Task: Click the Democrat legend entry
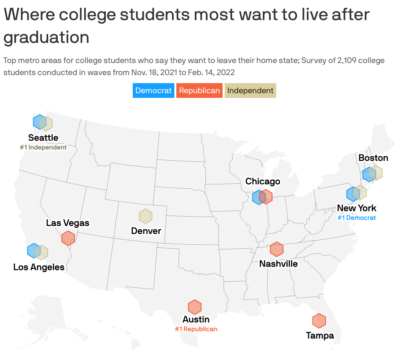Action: [153, 91]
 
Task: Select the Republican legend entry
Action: [199, 91]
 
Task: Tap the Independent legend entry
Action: [250, 91]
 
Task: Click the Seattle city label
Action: [43, 138]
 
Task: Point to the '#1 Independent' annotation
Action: [43, 147]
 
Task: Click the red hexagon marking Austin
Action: [194, 307]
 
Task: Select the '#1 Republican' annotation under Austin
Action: [196, 329]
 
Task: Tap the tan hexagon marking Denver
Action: [145, 216]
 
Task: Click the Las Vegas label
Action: [68, 223]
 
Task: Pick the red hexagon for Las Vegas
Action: [68, 238]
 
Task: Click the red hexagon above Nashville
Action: [277, 249]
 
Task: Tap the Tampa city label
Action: [320, 336]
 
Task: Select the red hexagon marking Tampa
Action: [319, 321]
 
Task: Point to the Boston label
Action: [373, 158]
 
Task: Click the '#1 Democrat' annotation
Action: [356, 218]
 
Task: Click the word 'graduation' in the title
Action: [47, 37]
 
